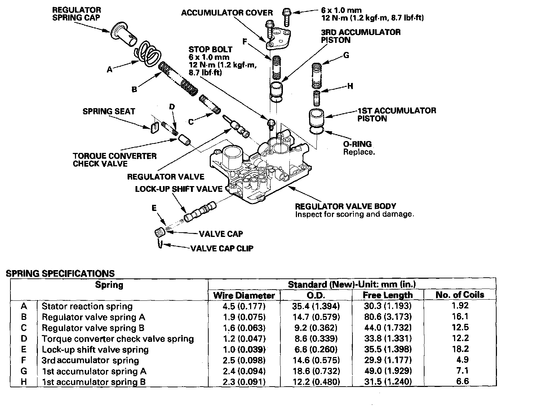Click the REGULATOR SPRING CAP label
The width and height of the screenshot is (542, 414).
76,14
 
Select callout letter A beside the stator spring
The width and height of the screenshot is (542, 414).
110,70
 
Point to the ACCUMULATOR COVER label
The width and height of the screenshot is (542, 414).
227,13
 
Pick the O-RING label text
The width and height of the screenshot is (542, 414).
357,144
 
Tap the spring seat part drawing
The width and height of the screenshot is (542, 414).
154,127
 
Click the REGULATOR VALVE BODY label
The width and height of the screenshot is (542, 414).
345,206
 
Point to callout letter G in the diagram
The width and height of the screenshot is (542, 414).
346,55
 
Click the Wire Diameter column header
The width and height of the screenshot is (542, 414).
244,295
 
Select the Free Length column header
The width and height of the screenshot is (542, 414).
387,295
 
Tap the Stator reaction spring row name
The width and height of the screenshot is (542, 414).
87,306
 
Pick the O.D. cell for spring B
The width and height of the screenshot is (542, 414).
316,317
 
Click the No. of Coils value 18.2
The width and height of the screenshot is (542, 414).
462,349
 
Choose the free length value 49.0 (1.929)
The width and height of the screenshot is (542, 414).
387,371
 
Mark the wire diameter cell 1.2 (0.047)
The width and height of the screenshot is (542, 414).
244,339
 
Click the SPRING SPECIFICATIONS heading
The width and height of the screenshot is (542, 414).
60,273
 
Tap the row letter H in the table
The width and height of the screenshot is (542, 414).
24,382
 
